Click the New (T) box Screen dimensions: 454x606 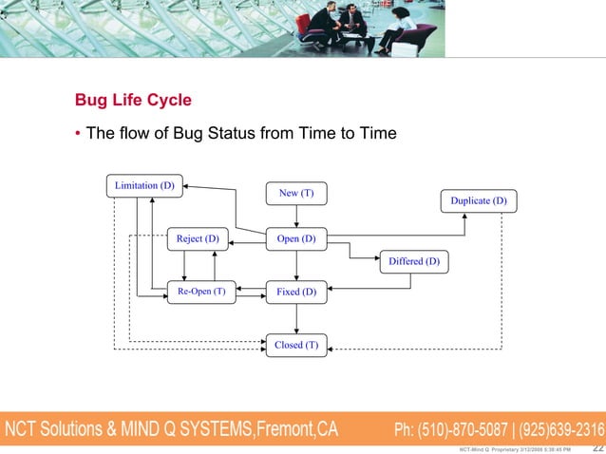(296, 194)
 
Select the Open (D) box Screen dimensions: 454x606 (296, 238)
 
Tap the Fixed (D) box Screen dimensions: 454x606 (296, 293)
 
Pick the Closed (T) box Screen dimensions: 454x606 (296, 345)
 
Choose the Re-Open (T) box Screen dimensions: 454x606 (201, 293)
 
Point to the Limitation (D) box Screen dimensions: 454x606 (144, 185)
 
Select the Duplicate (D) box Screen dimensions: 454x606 (478, 201)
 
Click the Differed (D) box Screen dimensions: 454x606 (414, 261)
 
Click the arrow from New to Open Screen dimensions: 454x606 (296, 217)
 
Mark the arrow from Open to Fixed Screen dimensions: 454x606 (296, 265)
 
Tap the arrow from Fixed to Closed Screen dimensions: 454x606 (296, 319)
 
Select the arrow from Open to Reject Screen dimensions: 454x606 (246, 238)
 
